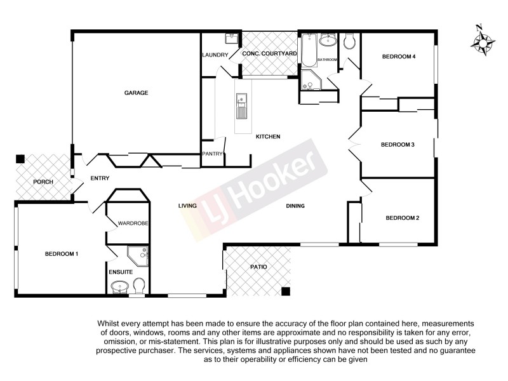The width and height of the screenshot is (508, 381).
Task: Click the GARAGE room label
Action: click(136, 93)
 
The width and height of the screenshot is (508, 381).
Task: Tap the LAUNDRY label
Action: click(215, 55)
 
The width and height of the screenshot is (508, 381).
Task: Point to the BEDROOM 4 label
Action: click(398, 57)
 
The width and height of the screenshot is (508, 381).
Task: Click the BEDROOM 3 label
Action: click(397, 145)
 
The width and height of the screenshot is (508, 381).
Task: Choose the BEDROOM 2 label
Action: click(402, 218)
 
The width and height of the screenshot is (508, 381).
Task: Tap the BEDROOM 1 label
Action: click(61, 254)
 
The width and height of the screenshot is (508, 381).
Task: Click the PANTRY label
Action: click(211, 154)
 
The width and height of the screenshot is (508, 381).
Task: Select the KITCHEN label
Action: click(267, 137)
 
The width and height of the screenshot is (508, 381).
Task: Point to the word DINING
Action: click(295, 206)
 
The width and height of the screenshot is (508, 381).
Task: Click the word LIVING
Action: click(187, 206)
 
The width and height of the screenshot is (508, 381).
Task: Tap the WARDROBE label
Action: click(133, 224)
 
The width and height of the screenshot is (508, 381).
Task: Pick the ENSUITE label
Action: click(120, 272)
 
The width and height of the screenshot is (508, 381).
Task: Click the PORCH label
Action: click(43, 182)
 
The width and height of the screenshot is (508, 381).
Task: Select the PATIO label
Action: click(258, 267)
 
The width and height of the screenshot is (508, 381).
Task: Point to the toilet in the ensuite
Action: click(140, 286)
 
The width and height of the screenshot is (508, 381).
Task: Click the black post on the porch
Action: click(20, 159)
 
